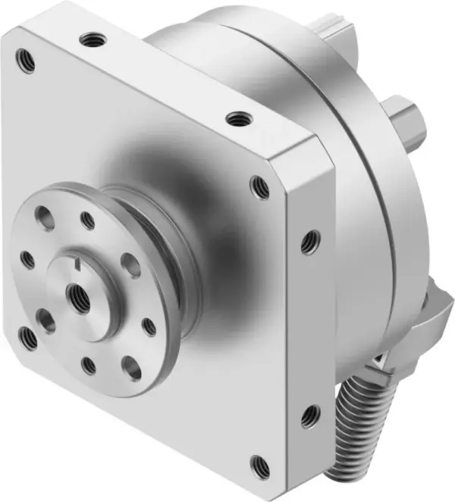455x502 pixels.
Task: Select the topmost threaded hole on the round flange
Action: pos(88,221)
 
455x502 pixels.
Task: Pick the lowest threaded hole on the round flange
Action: pos(89,366)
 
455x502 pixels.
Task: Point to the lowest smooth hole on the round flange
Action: pos(131,368)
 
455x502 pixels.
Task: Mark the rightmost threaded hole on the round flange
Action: pos(149,327)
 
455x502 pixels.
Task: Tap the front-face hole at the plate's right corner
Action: pos(259,185)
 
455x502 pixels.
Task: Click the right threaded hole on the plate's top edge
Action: pos(240,118)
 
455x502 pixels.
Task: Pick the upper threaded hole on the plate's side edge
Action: pos(309,243)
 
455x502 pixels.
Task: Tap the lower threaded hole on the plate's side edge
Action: pos(309,416)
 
